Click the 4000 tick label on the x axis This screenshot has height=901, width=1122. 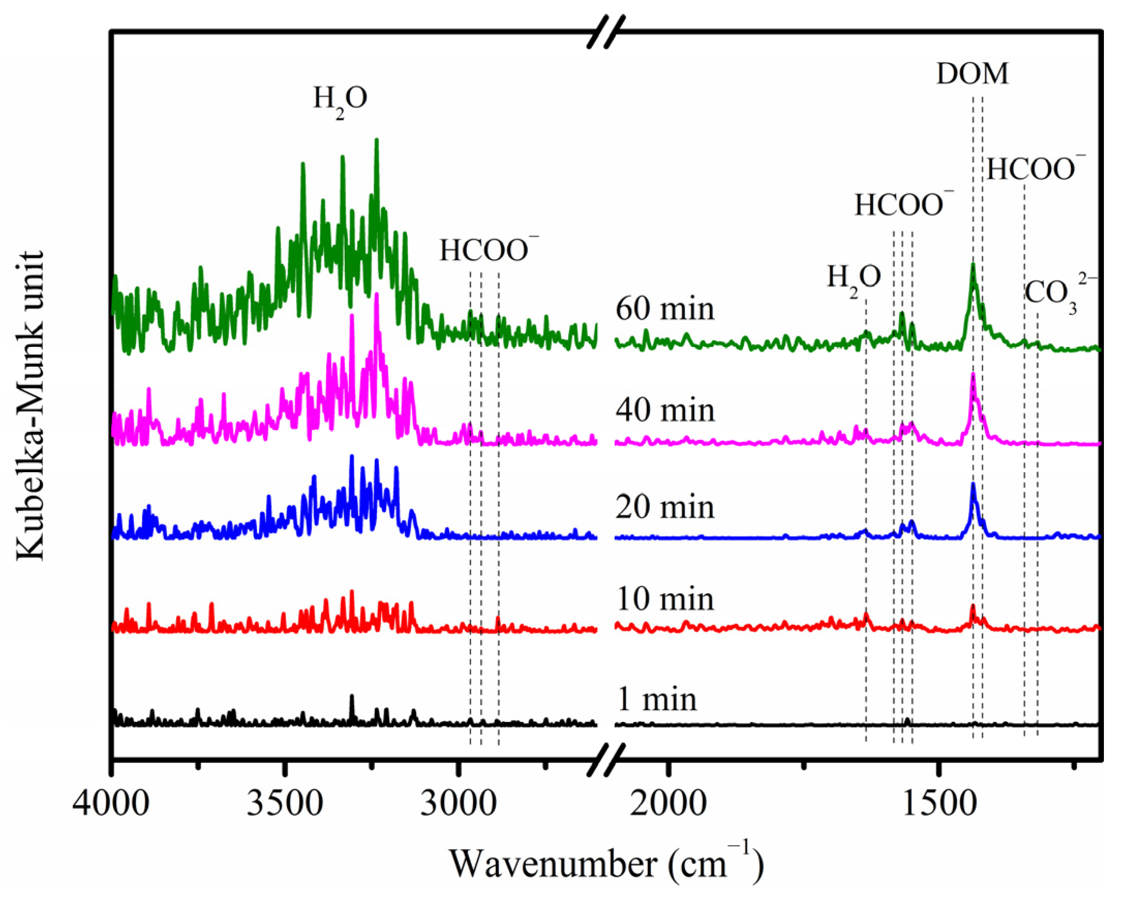pyautogui.click(x=111, y=804)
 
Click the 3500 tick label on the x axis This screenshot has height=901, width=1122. pyautogui.click(x=284, y=804)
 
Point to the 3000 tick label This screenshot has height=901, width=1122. pyautogui.click(x=458, y=804)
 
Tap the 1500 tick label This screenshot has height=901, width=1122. pyautogui.click(x=938, y=804)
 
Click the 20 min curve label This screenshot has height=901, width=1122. pyautogui.click(x=665, y=507)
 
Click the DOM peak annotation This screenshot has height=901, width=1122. pyautogui.click(x=972, y=73)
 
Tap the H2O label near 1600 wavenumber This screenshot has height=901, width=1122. pyautogui.click(x=854, y=279)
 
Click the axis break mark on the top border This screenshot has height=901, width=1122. pyautogui.click(x=606, y=32)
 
